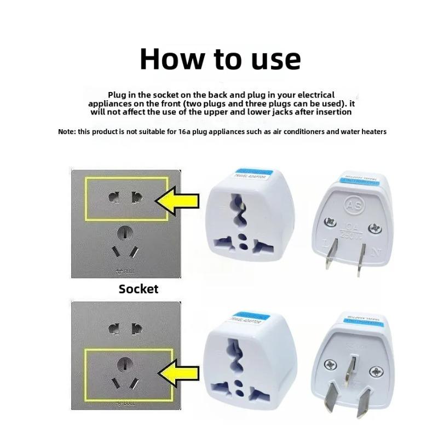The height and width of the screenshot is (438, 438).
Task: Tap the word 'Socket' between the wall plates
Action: point(139,289)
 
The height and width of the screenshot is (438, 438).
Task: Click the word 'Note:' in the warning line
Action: point(67,132)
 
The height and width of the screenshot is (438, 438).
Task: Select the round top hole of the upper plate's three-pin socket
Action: point(126,233)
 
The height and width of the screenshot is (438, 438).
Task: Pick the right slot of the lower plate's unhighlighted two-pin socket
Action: point(137,329)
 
